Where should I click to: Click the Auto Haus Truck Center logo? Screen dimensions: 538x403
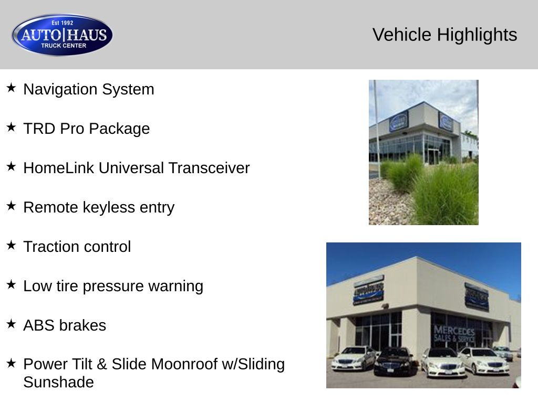[x=62, y=35]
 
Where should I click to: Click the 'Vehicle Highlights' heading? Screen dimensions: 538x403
[x=444, y=35]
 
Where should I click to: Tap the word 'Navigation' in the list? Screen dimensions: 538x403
[x=60, y=89]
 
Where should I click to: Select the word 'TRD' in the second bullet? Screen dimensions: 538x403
[x=39, y=129]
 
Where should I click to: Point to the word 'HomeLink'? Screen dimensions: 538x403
[x=59, y=168]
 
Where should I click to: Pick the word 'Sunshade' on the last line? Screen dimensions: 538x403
[x=59, y=382]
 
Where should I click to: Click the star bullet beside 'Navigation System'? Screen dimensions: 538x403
[x=11, y=88]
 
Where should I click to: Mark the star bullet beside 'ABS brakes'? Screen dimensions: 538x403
[x=11, y=324]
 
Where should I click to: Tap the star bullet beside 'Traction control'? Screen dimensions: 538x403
[x=11, y=245]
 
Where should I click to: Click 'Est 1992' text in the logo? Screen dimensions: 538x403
[x=63, y=23]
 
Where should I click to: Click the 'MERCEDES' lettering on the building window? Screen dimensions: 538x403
[x=454, y=331]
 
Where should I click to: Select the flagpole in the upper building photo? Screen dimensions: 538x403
[x=376, y=130]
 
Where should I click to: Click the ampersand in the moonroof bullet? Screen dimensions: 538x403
[x=102, y=364]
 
